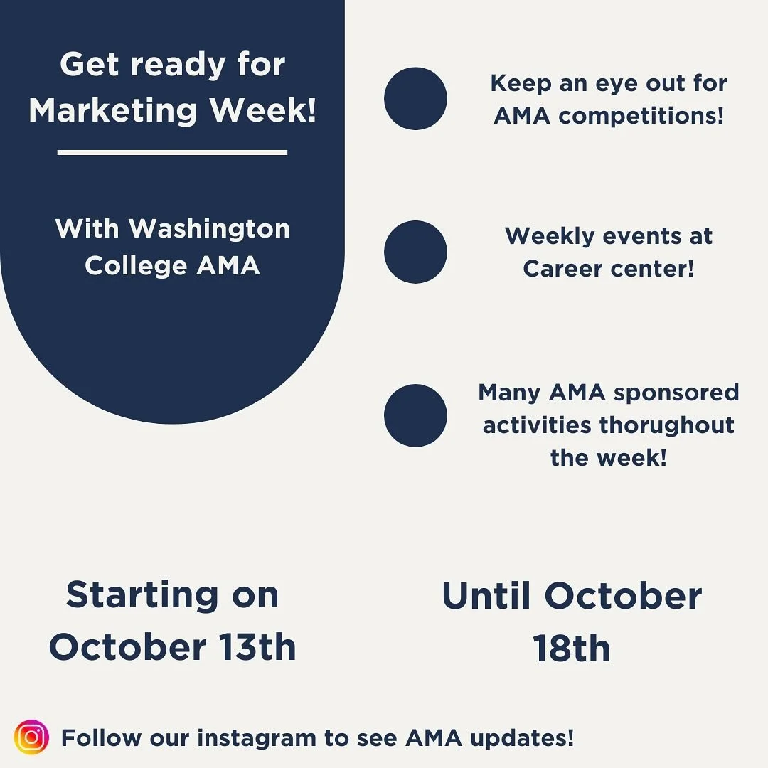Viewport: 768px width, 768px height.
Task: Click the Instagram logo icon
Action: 31,737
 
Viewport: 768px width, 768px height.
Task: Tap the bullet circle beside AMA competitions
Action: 415,99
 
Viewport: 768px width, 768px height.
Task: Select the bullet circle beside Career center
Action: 415,252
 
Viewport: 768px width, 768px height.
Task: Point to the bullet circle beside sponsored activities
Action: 415,415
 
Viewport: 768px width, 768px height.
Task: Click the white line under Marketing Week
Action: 172,151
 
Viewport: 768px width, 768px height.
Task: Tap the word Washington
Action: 209,228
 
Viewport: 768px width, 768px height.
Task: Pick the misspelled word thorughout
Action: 667,425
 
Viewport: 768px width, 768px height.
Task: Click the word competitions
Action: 641,116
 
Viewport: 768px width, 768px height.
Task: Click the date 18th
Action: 572,649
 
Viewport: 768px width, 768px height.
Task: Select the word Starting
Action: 142,594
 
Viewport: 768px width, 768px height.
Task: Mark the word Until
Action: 486,596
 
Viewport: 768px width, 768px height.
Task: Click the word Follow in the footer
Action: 101,738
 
